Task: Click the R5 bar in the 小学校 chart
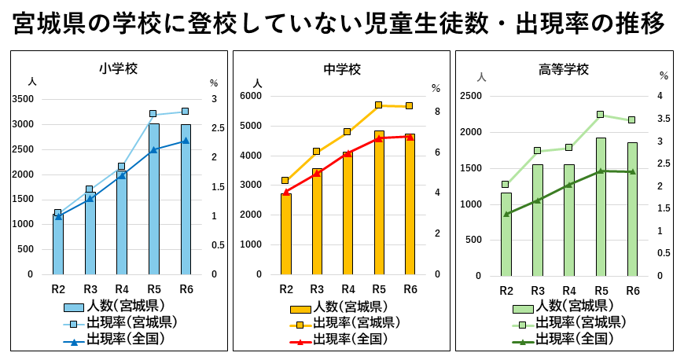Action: click(x=154, y=200)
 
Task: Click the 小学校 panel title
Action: click(x=119, y=68)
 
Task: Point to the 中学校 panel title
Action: click(x=343, y=69)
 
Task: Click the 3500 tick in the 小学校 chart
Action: click(x=23, y=99)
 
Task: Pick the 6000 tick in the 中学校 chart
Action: click(x=250, y=96)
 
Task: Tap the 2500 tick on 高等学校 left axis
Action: click(x=470, y=96)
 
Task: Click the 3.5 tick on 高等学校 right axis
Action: click(x=664, y=119)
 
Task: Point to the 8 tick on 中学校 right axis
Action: click(x=437, y=112)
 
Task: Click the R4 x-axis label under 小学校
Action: click(x=122, y=289)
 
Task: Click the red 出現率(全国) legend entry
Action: click(x=342, y=340)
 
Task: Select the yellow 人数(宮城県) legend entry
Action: click(x=342, y=307)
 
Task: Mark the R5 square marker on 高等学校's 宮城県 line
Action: click(x=601, y=115)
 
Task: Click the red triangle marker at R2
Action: click(x=286, y=192)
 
